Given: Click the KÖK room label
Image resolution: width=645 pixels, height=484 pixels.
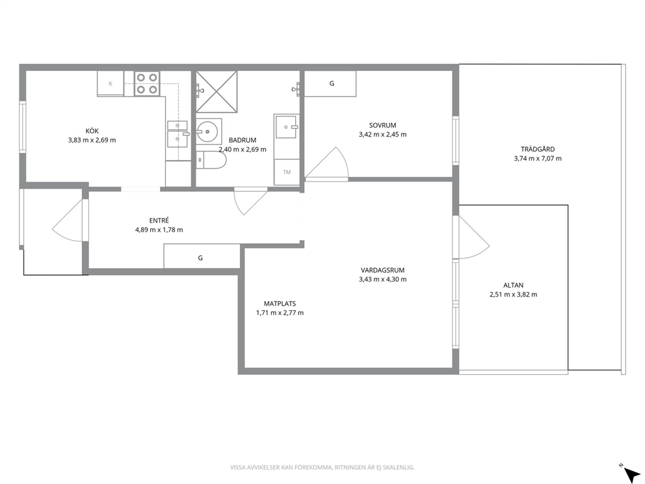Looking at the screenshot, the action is point(92,131).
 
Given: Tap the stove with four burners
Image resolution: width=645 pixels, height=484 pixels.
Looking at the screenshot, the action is point(147,83).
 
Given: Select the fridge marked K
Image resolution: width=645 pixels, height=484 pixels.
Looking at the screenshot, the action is point(111,83).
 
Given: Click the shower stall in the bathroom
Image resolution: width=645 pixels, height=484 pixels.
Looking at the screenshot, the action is point(217,91).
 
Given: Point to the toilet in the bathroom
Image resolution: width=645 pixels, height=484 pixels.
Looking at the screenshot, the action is point(211,160).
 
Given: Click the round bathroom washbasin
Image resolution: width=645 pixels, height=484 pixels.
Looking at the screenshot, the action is point(209,131).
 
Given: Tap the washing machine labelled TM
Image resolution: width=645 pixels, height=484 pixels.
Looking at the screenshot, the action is point(287,172).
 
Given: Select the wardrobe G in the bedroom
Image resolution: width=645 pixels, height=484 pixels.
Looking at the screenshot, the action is point(330,83).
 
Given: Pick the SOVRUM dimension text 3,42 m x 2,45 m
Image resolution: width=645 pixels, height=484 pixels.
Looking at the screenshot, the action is point(382,134).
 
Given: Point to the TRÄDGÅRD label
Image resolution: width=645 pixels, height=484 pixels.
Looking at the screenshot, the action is point(538,150).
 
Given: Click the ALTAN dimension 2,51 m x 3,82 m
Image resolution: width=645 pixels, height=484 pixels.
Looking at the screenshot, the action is point(514,294).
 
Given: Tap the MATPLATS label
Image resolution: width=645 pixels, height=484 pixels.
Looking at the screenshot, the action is point(280,304).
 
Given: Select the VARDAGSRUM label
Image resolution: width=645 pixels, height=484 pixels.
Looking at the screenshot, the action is point(382,271).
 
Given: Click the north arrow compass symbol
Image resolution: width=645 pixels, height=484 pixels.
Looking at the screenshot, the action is point(629,471).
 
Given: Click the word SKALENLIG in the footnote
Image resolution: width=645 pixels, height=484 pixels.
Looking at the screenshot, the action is point(401,467).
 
